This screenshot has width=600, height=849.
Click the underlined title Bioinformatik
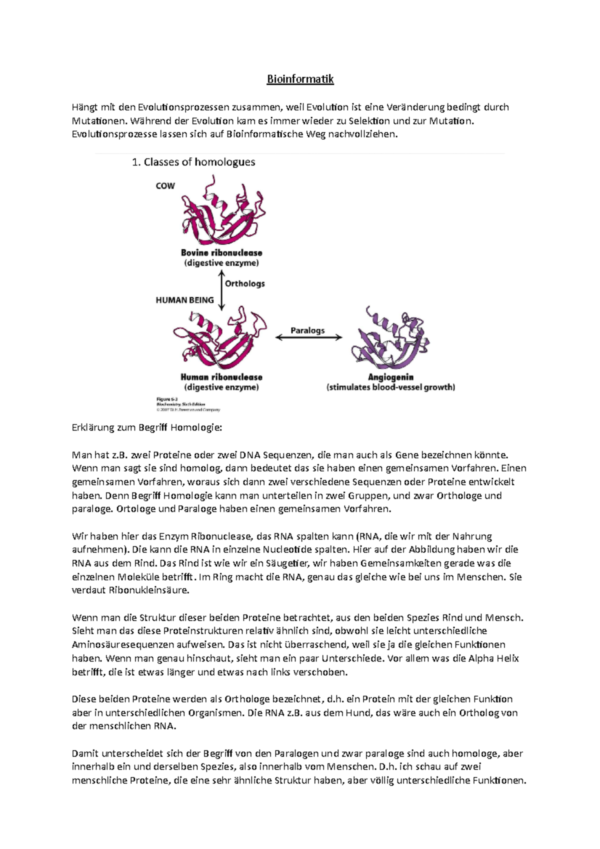point(300,79)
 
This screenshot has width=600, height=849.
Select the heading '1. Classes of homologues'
point(193,162)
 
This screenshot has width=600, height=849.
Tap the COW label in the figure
point(165,186)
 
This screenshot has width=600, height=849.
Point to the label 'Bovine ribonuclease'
point(221,253)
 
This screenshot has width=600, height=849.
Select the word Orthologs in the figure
point(245,283)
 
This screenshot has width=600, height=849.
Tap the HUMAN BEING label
point(184,300)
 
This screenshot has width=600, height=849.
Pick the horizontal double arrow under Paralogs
point(309,337)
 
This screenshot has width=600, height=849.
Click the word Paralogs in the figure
point(307,330)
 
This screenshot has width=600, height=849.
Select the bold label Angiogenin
point(390,377)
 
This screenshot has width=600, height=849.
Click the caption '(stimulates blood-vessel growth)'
point(390,387)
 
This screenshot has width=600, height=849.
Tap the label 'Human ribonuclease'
point(221,377)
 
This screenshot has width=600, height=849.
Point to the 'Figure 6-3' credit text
point(167,399)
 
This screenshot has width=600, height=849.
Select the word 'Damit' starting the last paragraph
point(85,753)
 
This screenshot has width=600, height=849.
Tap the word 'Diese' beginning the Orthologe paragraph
point(84,699)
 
